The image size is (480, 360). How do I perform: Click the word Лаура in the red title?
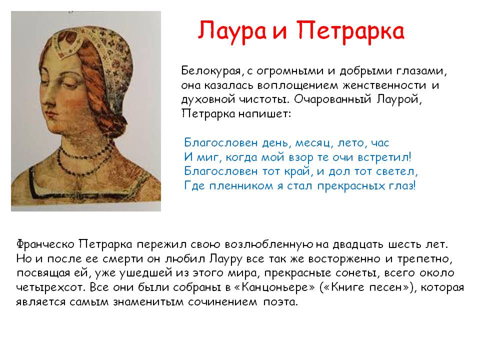pyautogui.click(x=232, y=31)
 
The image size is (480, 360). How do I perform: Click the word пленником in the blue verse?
pyautogui.click(x=241, y=186)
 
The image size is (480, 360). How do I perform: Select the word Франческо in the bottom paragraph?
pyautogui.click(x=45, y=244)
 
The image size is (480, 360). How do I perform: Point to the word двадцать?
pyautogui.click(x=358, y=244)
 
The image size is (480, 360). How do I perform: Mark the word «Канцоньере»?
pyautogui.click(x=278, y=287)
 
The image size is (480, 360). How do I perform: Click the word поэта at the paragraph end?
pyautogui.click(x=280, y=302)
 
